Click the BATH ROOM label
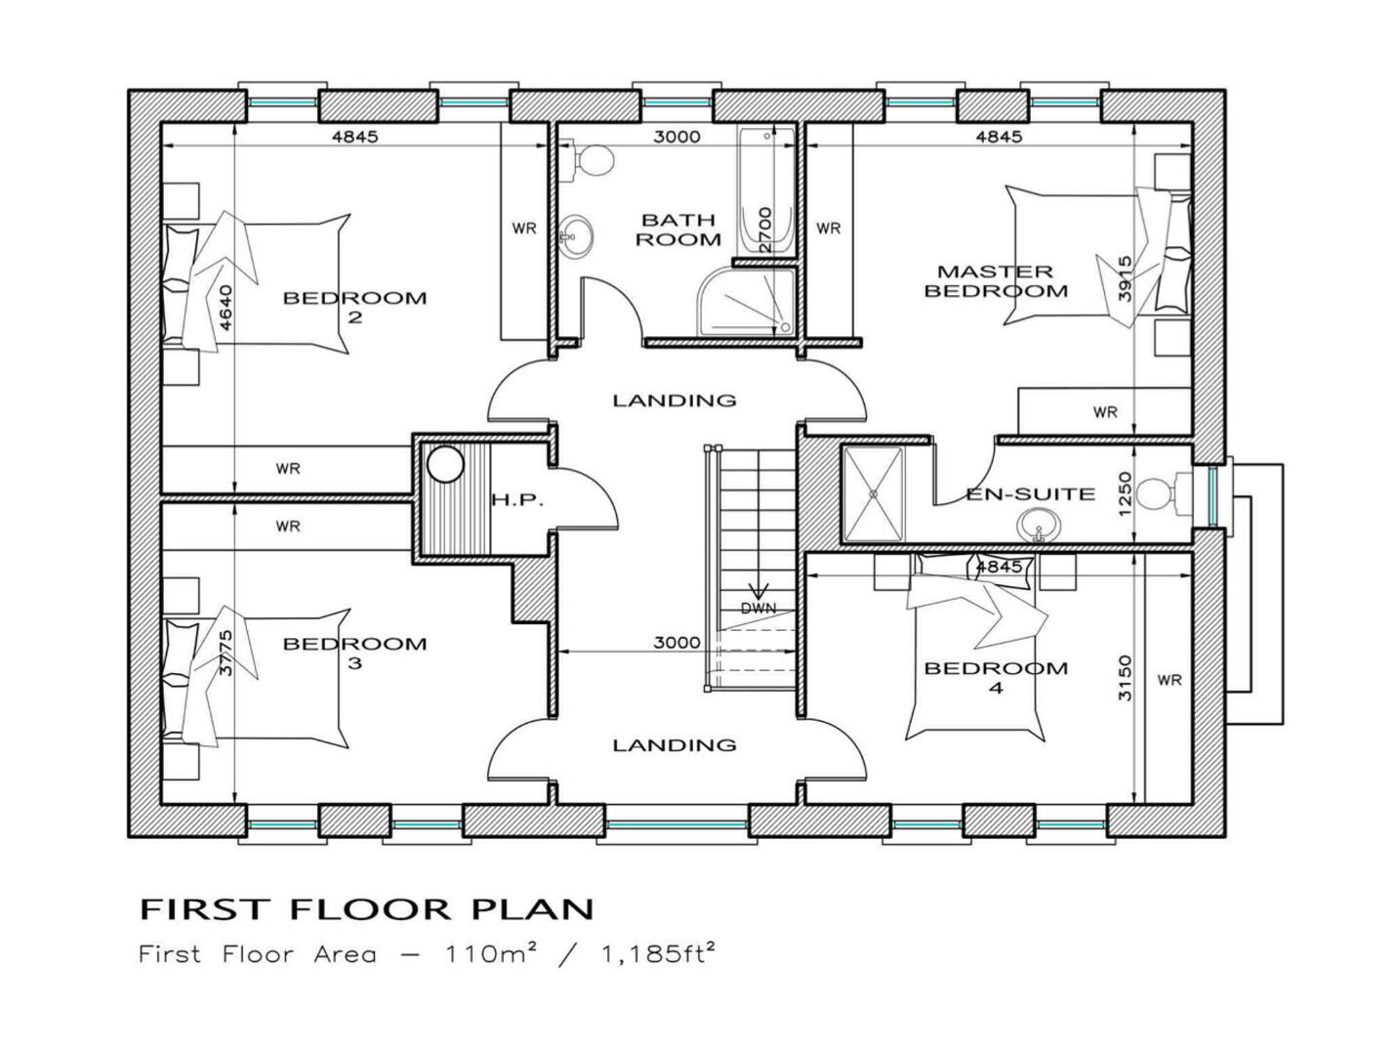(677, 230)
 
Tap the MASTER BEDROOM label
(996, 281)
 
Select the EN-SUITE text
(1030, 493)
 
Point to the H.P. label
(517, 500)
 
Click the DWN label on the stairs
(759, 609)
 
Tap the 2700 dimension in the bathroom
(765, 230)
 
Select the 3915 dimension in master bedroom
(1125, 278)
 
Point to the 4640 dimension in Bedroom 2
(226, 308)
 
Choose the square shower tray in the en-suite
(873, 493)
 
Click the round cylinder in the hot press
(445, 464)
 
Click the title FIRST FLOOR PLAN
(366, 909)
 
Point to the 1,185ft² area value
(658, 954)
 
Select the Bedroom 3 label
(355, 653)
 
